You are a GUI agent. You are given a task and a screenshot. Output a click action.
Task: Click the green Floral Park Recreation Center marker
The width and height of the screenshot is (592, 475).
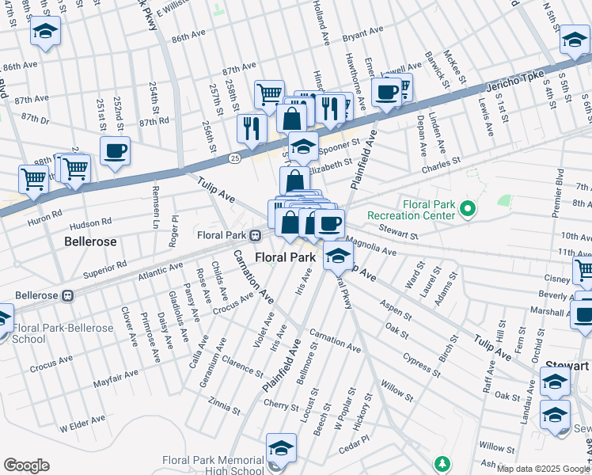click(467, 209)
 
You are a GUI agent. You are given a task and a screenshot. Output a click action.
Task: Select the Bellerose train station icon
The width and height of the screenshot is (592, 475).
click(67, 295)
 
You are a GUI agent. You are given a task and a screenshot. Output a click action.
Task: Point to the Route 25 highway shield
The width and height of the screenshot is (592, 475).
click(234, 159)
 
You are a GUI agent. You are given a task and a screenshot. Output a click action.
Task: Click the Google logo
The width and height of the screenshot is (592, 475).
click(26, 465)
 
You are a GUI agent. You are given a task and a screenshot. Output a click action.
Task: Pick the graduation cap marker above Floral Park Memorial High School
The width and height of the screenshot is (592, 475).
click(281, 448)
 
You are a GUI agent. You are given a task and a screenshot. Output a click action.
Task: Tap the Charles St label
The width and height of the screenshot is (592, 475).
click(441, 165)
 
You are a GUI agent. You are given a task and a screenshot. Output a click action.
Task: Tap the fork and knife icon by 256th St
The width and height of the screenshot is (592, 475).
click(252, 127)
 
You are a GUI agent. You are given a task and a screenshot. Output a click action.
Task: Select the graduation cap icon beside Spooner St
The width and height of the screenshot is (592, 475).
click(303, 146)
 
